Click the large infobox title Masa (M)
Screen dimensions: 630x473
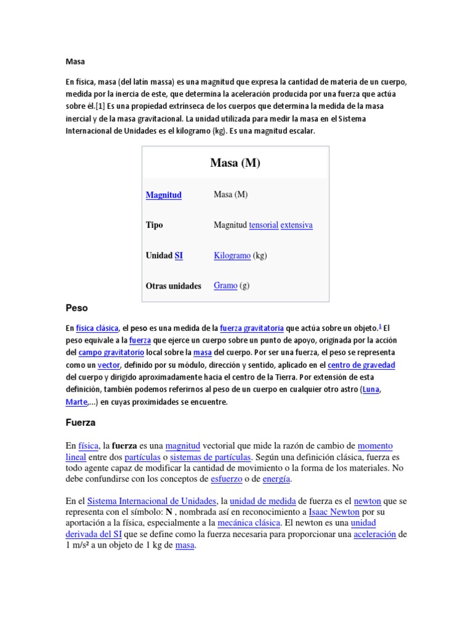tap(235, 163)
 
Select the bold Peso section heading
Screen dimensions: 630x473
tap(77, 307)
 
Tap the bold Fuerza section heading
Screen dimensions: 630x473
tap(81, 423)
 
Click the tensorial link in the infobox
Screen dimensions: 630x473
tap(264, 225)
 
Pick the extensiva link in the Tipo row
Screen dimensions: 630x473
tap(297, 225)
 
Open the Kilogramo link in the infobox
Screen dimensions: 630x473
tap(232, 255)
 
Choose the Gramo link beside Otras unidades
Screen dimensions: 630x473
tap(225, 285)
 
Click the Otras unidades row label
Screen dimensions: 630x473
tap(174, 286)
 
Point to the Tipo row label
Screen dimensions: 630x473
tap(155, 225)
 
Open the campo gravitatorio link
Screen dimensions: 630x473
tap(111, 353)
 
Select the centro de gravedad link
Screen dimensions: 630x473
tap(362, 365)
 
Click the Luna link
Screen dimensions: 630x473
tap(371, 389)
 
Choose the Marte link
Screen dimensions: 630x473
tap(76, 402)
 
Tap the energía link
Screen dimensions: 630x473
tap(276, 479)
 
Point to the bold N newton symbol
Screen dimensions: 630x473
tap(169, 512)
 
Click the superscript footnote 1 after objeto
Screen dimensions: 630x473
tap(381, 326)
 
